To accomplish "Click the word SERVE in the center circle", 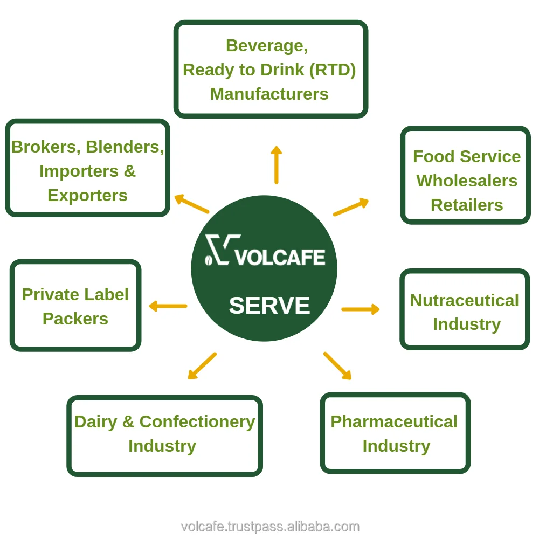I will (x=269, y=306).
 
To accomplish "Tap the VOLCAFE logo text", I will (x=280, y=257).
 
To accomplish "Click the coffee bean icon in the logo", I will (x=208, y=260).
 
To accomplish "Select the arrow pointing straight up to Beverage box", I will (x=276, y=165).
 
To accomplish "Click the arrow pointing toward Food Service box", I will (x=351, y=207).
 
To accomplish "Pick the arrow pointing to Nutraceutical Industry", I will (x=360, y=309).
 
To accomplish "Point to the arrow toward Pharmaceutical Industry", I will (x=337, y=366).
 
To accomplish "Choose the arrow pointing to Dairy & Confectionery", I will (x=202, y=366).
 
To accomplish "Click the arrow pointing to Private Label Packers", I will (x=168, y=306).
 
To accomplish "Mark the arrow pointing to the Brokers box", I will (x=191, y=204).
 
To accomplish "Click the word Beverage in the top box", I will (x=267, y=45).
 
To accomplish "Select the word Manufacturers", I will (x=269, y=94).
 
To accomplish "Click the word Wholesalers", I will (x=467, y=181).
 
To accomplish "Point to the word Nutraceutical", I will (x=464, y=300).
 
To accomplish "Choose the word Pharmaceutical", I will (x=394, y=421).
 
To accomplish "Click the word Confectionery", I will (x=197, y=421).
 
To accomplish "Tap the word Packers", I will (x=75, y=319).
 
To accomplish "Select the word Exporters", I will (x=87, y=195).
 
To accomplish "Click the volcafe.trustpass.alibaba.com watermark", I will (x=270, y=527).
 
